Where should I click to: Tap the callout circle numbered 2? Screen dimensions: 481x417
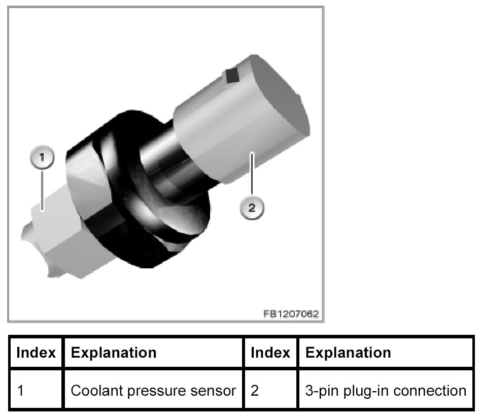pos(252,207)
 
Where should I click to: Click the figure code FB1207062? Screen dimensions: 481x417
pos(291,314)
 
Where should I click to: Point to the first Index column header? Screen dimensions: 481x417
pos(36,353)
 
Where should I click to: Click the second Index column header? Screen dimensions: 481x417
pos(271,353)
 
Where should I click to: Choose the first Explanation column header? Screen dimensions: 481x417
pos(114,353)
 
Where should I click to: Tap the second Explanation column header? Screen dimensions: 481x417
pos(349,353)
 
